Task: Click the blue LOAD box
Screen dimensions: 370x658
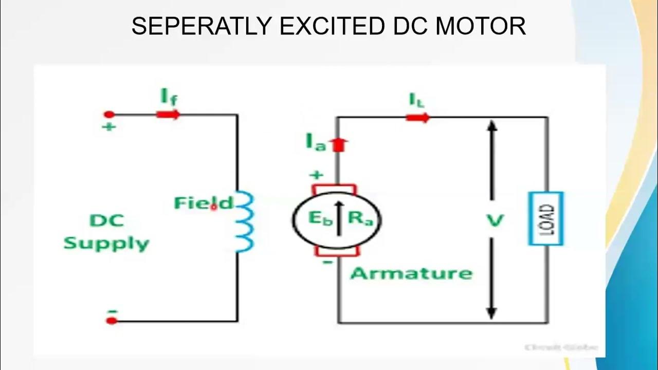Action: pyautogui.click(x=546, y=218)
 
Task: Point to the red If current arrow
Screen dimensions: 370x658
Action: pyautogui.click(x=168, y=114)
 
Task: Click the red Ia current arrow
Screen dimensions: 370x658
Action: pyautogui.click(x=338, y=145)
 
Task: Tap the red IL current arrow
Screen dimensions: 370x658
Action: pyautogui.click(x=417, y=118)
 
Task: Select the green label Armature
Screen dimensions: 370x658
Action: pyautogui.click(x=411, y=273)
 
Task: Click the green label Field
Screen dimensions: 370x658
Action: pyautogui.click(x=204, y=203)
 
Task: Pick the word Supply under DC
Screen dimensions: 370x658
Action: pyautogui.click(x=106, y=243)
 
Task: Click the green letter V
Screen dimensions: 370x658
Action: pyautogui.click(x=494, y=221)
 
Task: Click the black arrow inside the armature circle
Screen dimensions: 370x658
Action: pyautogui.click(x=338, y=218)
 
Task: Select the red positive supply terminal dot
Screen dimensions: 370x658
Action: pyautogui.click(x=109, y=114)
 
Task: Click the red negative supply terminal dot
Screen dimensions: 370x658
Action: pyautogui.click(x=111, y=321)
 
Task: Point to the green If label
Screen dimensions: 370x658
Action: pyautogui.click(x=169, y=96)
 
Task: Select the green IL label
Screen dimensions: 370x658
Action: pyautogui.click(x=417, y=100)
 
